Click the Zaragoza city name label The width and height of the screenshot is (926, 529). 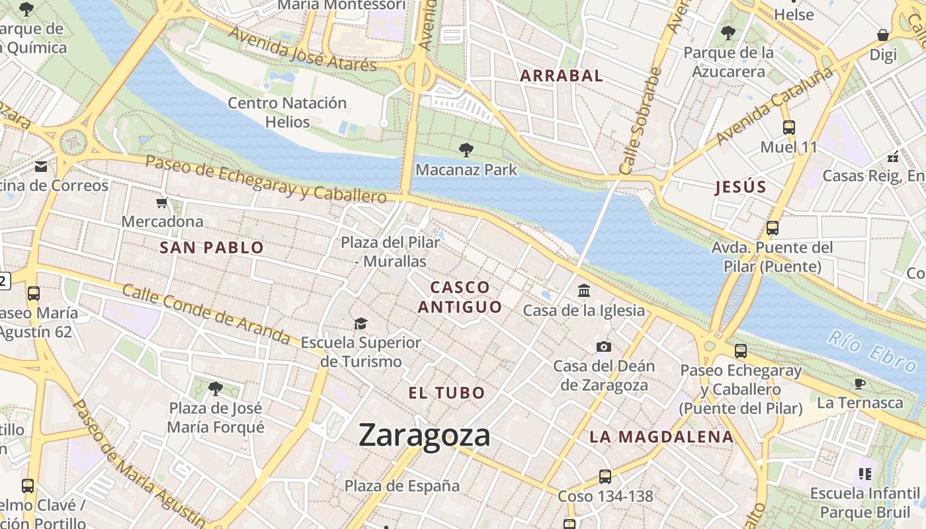[x=425, y=436]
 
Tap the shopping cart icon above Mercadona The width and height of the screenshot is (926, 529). [x=162, y=202]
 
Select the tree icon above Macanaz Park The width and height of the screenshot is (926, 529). [x=466, y=150]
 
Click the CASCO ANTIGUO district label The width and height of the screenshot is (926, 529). [x=460, y=297]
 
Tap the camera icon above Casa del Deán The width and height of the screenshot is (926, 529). [x=603, y=346]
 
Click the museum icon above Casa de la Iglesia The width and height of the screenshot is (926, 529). [x=584, y=290]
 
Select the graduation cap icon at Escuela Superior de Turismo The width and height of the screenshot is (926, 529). [x=360, y=323]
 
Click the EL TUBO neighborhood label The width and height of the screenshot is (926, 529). [x=447, y=393]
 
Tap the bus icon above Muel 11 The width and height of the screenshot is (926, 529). [x=788, y=128]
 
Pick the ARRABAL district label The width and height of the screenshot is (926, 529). [x=562, y=75]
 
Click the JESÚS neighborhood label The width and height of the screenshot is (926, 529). [x=741, y=187]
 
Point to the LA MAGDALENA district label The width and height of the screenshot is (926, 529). [x=661, y=436]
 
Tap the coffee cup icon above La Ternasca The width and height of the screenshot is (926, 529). [x=859, y=384]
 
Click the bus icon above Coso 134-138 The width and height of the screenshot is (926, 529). [x=605, y=476]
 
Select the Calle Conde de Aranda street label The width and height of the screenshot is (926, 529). [x=206, y=314]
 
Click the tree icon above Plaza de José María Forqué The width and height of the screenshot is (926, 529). [x=215, y=388]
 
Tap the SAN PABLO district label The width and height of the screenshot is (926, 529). [x=212, y=248]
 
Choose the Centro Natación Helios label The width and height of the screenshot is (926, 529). [x=287, y=112]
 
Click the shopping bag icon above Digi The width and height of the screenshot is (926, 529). [x=883, y=35]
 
